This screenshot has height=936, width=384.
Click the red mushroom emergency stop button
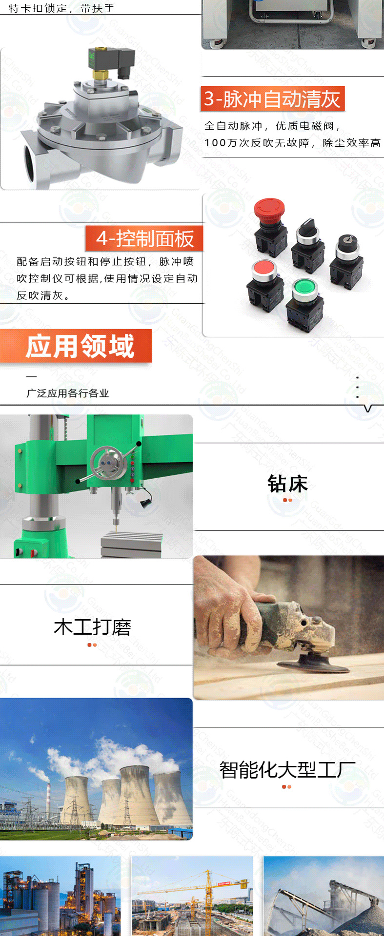pos(266,210)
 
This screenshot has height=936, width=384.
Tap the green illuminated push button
pos(305,287)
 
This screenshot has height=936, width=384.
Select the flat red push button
pos(264,269)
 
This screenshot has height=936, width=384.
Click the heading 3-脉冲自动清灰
pos(272,99)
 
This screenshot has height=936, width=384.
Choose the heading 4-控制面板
pos(144,238)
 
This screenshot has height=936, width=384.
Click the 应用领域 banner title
pos(80,346)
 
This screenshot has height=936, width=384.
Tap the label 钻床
pos(287,484)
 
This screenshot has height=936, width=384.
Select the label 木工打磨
pos(92,627)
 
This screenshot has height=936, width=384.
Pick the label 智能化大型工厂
pos(287,770)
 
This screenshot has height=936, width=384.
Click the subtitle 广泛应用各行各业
pos(67,393)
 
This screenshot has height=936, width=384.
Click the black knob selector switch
pos(308,228)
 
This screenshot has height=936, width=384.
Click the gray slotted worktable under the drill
pos(132,544)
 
